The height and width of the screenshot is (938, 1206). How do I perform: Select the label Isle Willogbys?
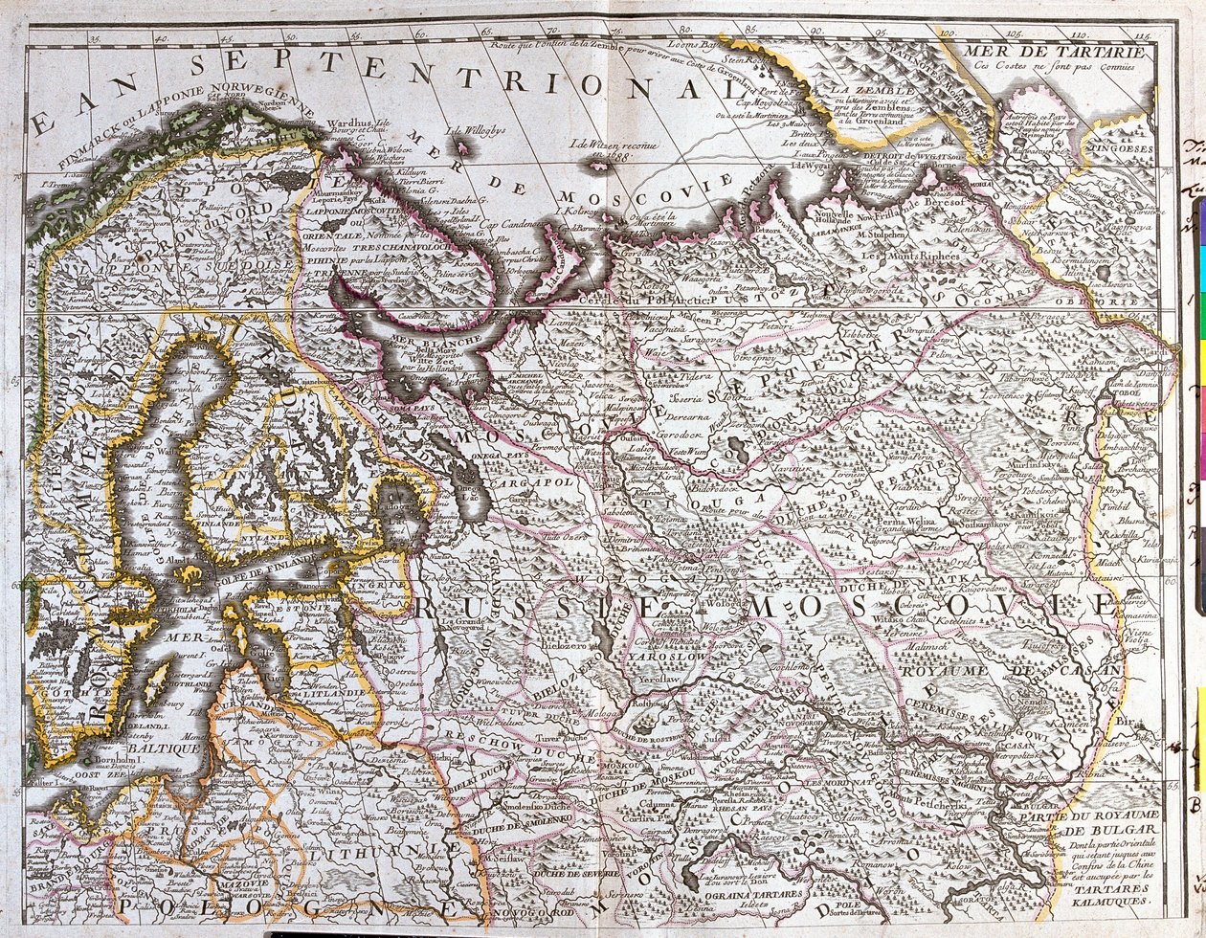pos(474,130)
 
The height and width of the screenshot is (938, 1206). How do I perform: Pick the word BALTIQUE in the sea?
pos(170,748)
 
